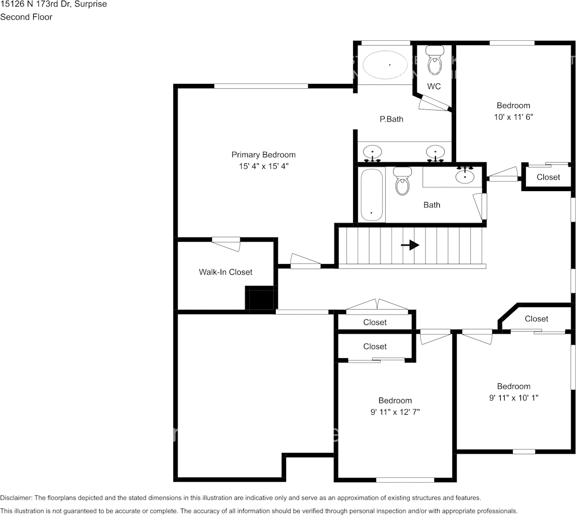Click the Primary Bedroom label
coord(263,155)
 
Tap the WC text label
coord(434,87)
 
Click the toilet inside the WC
coord(434,62)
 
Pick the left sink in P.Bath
coord(373,152)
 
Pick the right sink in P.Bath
coord(435,152)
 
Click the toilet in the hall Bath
coord(402,182)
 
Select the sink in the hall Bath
coord(464,175)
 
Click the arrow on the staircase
coord(410,246)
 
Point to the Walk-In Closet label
coord(226,272)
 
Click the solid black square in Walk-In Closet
coord(260,298)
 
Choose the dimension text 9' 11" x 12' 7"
coord(395,412)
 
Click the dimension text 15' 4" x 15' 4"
coord(263,166)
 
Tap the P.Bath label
coord(391,119)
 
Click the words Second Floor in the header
coord(26,17)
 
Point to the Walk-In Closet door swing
coord(226,243)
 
